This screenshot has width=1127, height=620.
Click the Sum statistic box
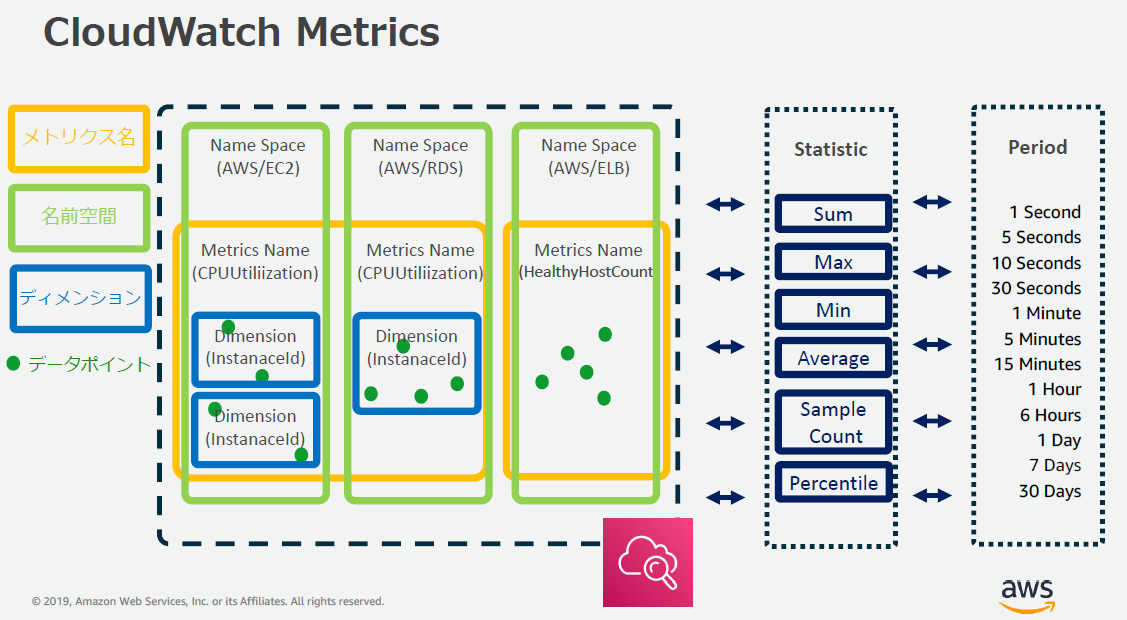(x=832, y=214)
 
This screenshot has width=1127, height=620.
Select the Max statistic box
(x=832, y=263)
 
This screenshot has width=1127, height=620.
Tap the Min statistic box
(x=832, y=311)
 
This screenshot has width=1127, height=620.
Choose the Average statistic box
(x=832, y=359)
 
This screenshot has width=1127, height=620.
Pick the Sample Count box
(x=832, y=422)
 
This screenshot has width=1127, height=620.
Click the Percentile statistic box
(x=832, y=484)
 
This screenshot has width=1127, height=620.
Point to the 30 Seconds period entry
(x=1035, y=288)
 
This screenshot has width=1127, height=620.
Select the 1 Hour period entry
(x=1054, y=389)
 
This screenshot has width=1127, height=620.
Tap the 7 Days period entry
(x=1054, y=465)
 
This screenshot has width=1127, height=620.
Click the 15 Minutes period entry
(x=1037, y=364)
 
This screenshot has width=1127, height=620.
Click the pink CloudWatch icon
(x=648, y=562)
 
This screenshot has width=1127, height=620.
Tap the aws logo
(x=1027, y=593)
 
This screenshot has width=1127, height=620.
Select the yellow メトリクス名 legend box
(x=79, y=138)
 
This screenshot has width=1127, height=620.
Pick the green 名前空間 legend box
(x=79, y=217)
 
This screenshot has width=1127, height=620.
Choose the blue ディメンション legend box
(x=79, y=297)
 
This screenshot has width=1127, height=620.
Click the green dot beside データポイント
(x=13, y=363)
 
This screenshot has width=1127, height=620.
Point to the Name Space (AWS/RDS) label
(x=420, y=157)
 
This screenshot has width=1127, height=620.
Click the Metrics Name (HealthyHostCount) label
(x=589, y=261)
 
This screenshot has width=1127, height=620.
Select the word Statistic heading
(x=830, y=149)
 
